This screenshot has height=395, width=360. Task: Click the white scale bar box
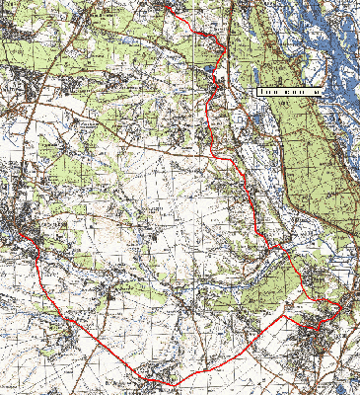tap(290, 90)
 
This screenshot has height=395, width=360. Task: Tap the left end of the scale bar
tap(257, 90)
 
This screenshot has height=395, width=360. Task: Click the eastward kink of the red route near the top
tap(227, 46)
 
